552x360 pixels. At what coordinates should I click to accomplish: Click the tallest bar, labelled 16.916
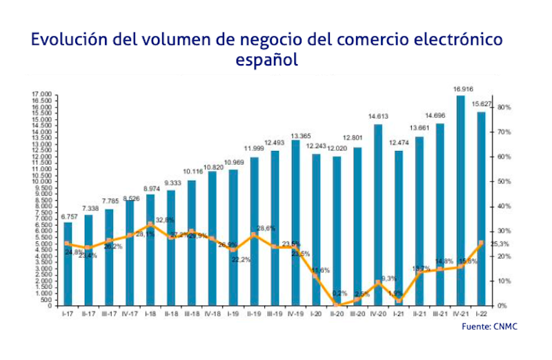point(460,200)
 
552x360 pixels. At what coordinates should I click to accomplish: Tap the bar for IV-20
point(378,214)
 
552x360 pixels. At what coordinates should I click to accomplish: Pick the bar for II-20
point(337,230)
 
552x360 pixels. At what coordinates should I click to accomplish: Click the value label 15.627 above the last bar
point(481,104)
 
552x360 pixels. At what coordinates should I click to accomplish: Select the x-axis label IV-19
point(295,312)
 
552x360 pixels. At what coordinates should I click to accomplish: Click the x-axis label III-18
point(192,312)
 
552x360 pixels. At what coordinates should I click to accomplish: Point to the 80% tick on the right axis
point(503,108)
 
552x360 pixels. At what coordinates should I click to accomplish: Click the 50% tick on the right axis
point(503,181)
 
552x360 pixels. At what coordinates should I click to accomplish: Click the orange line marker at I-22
point(480,243)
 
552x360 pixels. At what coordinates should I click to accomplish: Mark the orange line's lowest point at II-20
point(337,304)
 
